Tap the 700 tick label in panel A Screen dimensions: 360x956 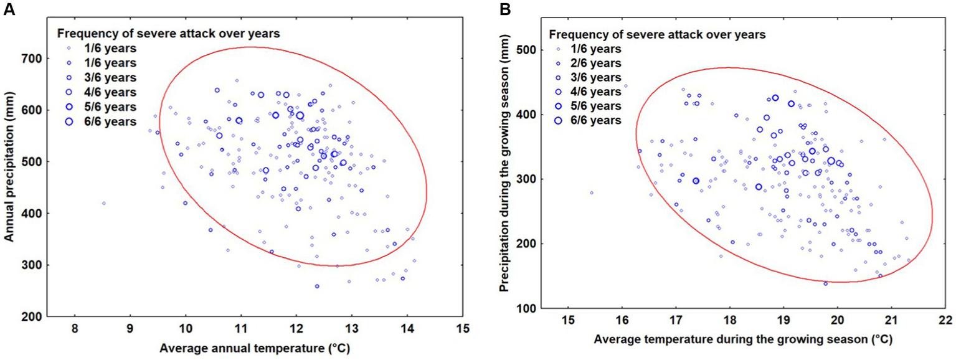coord(32,59)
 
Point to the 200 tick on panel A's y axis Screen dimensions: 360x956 coord(32,316)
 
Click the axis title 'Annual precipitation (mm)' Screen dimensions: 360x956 coord(9,181)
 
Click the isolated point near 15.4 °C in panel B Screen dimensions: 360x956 coord(591,192)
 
